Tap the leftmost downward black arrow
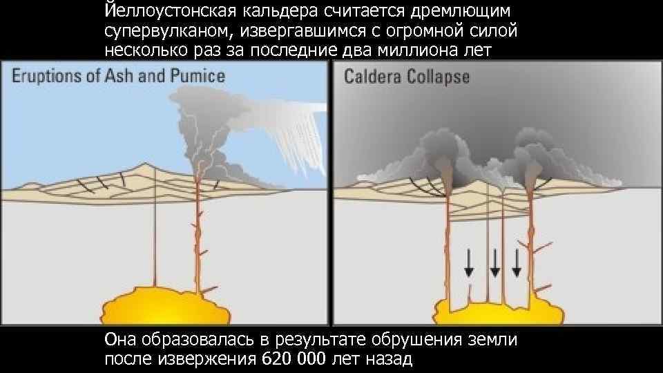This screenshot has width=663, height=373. click(469, 263)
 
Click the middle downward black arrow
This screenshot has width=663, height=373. click(494, 263)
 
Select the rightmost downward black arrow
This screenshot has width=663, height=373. click(517, 263)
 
